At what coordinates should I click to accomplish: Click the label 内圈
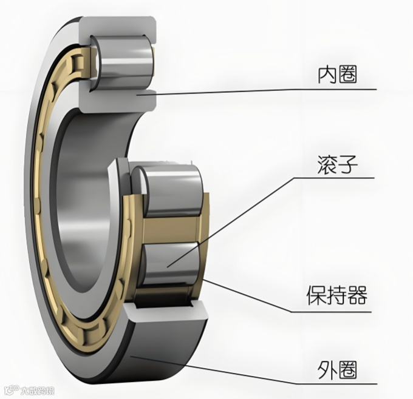(x=337, y=75)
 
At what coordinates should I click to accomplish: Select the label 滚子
(x=337, y=164)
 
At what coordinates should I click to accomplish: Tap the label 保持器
(x=336, y=297)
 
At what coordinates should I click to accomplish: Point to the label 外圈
(x=336, y=368)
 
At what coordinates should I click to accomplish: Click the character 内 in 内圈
(x=327, y=75)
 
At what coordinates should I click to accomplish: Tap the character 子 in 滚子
(x=347, y=164)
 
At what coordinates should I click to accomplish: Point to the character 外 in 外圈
(x=326, y=368)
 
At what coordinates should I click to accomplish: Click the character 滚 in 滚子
(x=327, y=164)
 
